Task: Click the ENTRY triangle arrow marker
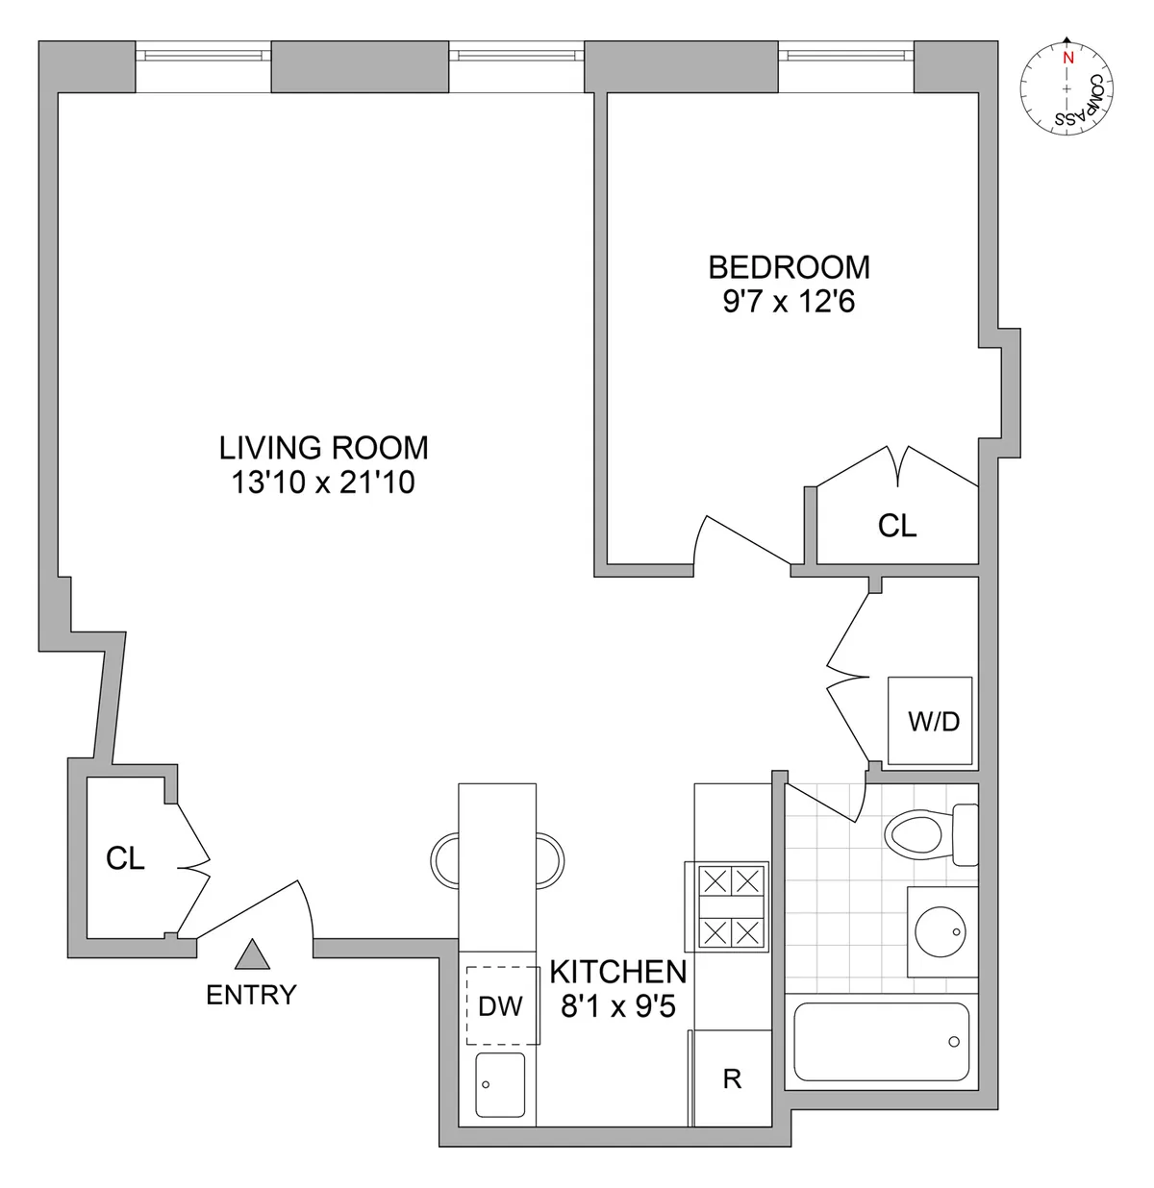[252, 953]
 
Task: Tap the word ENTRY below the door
[251, 995]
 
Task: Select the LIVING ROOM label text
[323, 448]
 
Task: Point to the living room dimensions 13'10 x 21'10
[323, 482]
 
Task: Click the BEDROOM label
[789, 266]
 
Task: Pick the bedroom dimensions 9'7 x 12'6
[789, 302]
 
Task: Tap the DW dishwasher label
[500, 1005]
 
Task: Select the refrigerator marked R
[732, 1078]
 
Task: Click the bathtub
[881, 1042]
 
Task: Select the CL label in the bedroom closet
[896, 525]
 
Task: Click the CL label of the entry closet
[125, 858]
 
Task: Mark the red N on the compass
[1066, 57]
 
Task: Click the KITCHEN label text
[617, 971]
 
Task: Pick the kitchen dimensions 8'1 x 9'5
[617, 1005]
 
